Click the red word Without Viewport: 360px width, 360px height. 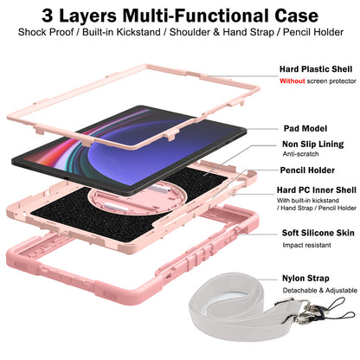coord(292,81)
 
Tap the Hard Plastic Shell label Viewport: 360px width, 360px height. coord(316,69)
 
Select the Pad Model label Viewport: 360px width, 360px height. coord(305,128)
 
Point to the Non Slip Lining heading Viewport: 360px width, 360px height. coord(312,144)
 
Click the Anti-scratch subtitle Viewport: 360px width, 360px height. coord(300,154)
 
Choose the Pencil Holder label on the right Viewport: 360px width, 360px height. coord(307,170)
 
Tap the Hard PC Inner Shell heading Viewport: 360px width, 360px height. coord(317,190)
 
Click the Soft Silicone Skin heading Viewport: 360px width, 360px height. coord(318,233)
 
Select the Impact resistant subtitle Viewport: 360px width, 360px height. coord(306,245)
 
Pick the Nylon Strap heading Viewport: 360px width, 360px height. coord(305,278)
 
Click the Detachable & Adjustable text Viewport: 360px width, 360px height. coord(319,290)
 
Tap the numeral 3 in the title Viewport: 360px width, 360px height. coord(48,16)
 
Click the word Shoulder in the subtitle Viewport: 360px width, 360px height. coord(190,32)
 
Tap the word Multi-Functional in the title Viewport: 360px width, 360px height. coord(196,16)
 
